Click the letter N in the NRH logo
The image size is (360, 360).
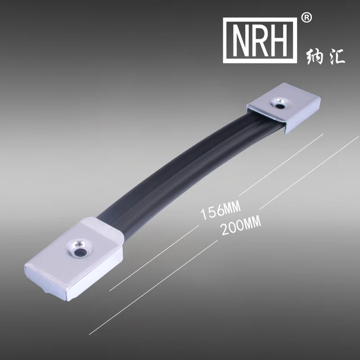241,40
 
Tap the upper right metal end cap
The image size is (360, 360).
283,110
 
